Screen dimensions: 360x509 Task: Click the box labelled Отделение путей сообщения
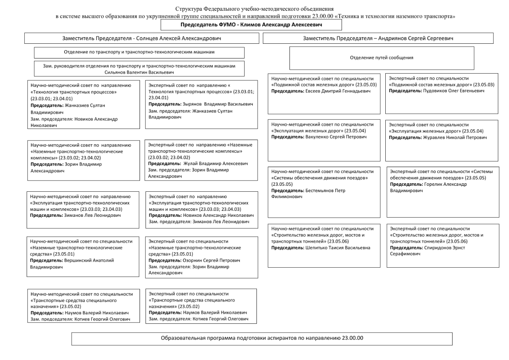pyautogui.click(x=381, y=58)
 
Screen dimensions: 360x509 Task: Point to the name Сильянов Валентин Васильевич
pyautogui.click(x=139, y=73)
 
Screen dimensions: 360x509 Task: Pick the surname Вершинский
pyautogui.click(x=78, y=261)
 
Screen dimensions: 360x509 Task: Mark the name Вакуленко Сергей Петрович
pyautogui.click(x=334, y=137)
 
